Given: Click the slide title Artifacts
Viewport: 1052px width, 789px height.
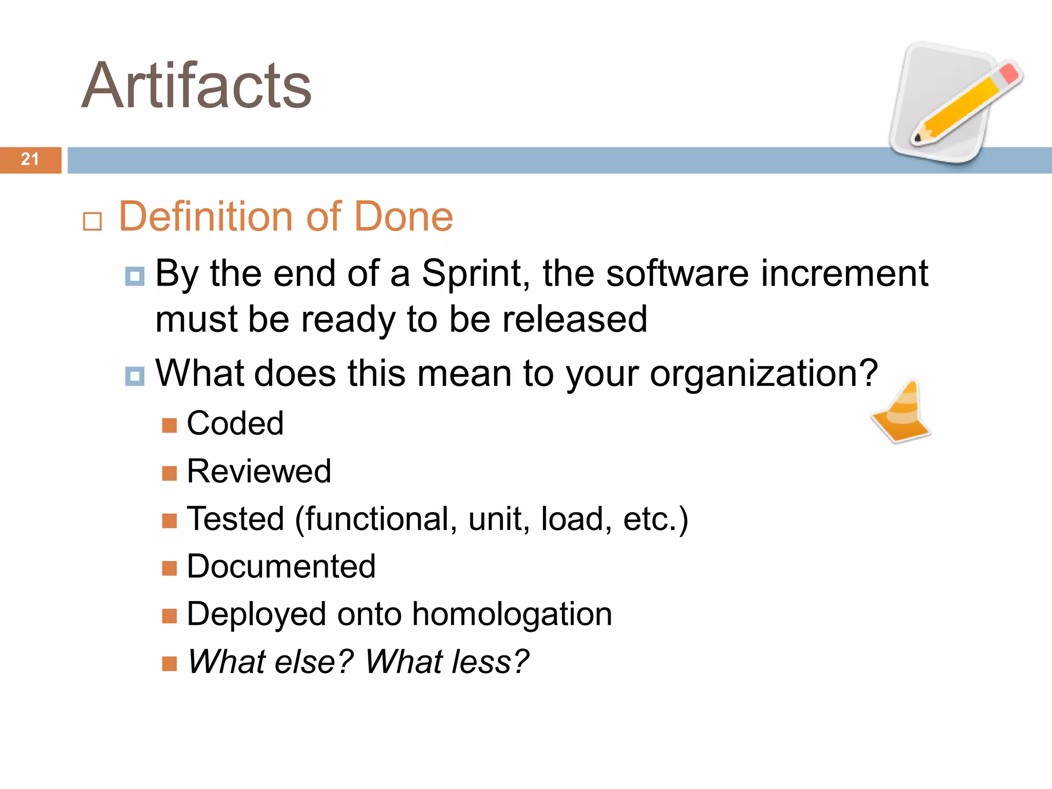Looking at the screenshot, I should pyautogui.click(x=197, y=85).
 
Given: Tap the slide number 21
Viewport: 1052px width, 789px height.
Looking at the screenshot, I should pyautogui.click(x=30, y=159).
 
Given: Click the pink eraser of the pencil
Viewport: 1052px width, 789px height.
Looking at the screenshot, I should pyautogui.click(x=1009, y=73).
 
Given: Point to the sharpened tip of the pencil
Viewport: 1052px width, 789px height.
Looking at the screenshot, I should pyautogui.click(x=918, y=138).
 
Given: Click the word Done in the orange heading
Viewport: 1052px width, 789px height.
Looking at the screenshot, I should pyautogui.click(x=403, y=216).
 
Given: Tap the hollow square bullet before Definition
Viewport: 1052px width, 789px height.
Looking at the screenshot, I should pyautogui.click(x=92, y=221).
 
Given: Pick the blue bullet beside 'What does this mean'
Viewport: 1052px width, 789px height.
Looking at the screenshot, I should pyautogui.click(x=135, y=376).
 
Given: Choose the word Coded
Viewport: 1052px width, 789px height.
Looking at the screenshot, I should pyautogui.click(x=235, y=423).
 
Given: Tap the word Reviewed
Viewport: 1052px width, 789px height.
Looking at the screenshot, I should pyautogui.click(x=259, y=471).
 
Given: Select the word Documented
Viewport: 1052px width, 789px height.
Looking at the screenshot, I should pyautogui.click(x=281, y=566).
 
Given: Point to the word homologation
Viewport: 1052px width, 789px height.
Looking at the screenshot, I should pyautogui.click(x=512, y=614).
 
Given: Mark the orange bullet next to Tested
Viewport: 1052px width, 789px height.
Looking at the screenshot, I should pyautogui.click(x=169, y=521).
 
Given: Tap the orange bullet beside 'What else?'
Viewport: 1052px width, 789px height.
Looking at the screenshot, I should pyautogui.click(x=169, y=664).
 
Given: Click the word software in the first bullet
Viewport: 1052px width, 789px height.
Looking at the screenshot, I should pyautogui.click(x=677, y=273).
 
